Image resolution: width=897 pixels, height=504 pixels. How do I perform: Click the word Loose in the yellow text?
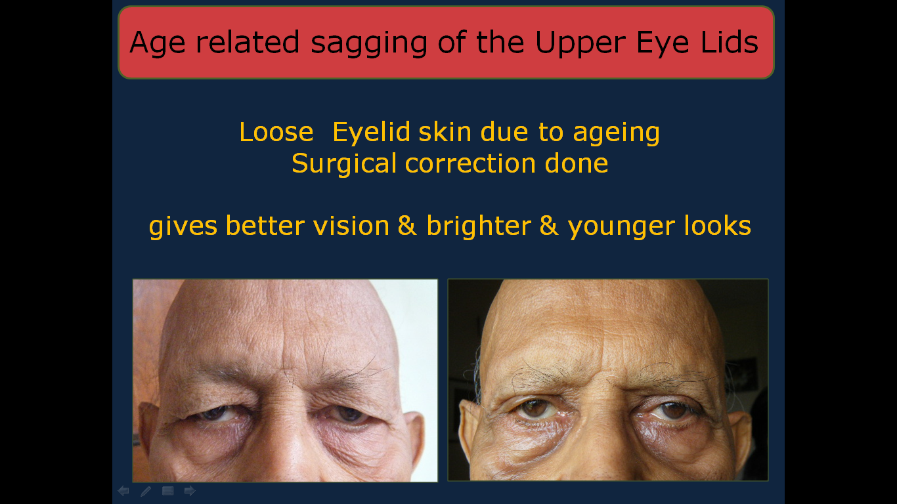click(276, 132)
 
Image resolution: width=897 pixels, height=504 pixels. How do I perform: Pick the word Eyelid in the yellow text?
click(371, 132)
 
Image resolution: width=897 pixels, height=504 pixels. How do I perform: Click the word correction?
click(470, 164)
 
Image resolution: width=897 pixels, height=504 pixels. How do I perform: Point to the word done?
click(577, 163)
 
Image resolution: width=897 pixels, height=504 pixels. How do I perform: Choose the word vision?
click(351, 226)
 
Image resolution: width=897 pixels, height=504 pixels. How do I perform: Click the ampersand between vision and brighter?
click(407, 226)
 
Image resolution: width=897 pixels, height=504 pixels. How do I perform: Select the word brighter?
click(479, 226)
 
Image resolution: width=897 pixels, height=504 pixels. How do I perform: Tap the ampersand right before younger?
click(549, 226)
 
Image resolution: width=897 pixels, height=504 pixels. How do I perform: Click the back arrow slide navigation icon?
click(123, 491)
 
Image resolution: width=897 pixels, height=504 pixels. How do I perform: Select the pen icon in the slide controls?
click(146, 491)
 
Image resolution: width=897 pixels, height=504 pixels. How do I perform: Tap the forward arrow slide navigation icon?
click(190, 491)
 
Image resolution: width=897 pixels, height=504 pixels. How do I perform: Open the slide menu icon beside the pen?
click(168, 491)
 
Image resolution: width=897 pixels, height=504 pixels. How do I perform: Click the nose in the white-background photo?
click(283, 444)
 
